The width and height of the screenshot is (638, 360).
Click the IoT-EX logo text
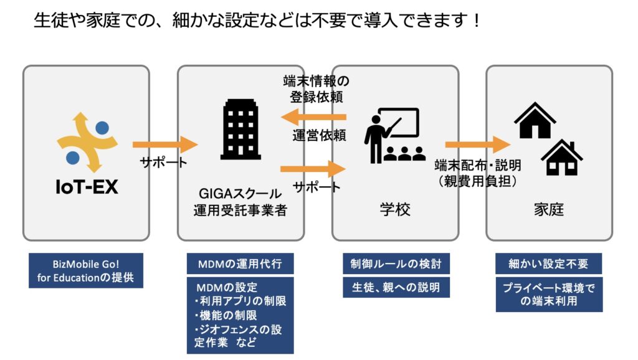click(x=87, y=187)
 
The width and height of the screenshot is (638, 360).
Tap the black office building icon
click(x=241, y=129)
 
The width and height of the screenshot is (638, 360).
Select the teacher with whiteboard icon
click(x=394, y=135)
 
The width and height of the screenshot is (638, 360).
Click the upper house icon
click(x=535, y=120)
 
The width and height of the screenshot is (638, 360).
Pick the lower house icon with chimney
click(x=562, y=158)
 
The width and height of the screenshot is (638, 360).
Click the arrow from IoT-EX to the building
click(x=165, y=145)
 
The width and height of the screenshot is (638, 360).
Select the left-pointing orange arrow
click(x=313, y=117)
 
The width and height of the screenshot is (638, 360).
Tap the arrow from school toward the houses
click(x=478, y=145)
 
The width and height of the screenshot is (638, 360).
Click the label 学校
click(x=394, y=209)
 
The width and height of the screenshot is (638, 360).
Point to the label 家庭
click(x=549, y=209)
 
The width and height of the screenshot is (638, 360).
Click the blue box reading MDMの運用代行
click(x=240, y=263)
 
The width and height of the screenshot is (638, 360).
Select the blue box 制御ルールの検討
click(x=396, y=263)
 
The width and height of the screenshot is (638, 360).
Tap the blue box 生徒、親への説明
click(x=396, y=287)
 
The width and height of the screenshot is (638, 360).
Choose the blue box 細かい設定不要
click(x=548, y=263)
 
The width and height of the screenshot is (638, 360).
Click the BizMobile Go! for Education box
click(x=86, y=270)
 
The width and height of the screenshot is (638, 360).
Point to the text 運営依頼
click(x=319, y=135)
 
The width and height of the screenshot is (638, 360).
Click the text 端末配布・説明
click(x=478, y=165)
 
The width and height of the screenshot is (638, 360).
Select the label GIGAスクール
click(x=240, y=193)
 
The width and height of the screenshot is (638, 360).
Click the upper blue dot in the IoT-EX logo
click(x=102, y=128)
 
